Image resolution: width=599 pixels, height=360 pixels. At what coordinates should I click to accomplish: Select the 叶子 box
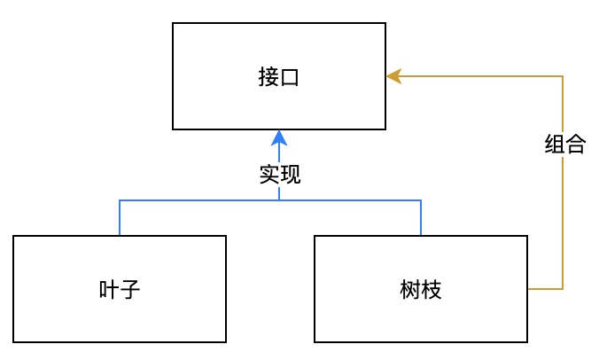click(120, 288)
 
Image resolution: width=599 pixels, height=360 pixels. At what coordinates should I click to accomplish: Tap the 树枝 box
click(421, 288)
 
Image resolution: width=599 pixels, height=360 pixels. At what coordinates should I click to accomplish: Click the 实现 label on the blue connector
click(279, 175)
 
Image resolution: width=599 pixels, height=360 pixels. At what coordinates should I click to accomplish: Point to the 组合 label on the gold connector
click(564, 145)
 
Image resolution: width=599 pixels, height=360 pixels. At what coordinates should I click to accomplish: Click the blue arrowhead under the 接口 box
click(279, 137)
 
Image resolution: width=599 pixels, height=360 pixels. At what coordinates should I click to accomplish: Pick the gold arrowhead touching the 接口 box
click(393, 76)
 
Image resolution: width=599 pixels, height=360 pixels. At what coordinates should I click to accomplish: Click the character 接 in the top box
click(268, 77)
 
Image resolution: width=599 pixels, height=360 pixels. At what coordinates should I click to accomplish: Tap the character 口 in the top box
click(290, 77)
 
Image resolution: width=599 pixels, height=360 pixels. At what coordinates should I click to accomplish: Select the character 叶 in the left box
click(109, 289)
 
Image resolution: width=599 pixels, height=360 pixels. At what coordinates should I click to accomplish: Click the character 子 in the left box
click(130, 289)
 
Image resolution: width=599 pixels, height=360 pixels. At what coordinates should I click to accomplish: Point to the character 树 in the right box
click(410, 289)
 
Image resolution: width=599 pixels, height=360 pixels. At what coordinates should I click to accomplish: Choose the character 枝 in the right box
click(432, 289)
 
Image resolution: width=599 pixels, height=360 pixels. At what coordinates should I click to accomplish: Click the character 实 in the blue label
click(268, 175)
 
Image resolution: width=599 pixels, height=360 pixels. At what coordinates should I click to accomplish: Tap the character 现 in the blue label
click(290, 175)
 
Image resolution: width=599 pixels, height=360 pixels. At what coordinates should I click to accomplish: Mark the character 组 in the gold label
click(554, 145)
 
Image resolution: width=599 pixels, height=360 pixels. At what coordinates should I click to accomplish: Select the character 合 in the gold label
click(575, 145)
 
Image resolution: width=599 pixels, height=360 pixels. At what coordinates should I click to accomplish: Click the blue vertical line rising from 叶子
click(120, 218)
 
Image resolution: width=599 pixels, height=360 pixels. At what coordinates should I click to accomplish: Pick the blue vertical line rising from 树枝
click(421, 218)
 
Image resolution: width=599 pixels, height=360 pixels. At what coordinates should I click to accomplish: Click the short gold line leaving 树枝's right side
click(545, 289)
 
